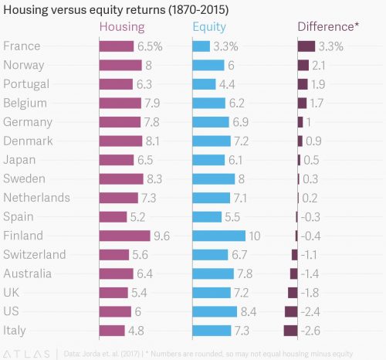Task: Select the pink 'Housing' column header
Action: coord(123,28)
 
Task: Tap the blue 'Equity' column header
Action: coord(208,28)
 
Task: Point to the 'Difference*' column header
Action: coord(328,28)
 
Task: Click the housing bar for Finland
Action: coord(124,236)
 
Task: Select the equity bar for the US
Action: coord(214,311)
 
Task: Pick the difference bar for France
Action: coord(306,46)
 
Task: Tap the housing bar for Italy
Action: coord(112,331)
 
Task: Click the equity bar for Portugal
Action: coord(204,84)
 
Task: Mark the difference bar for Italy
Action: coord(290,331)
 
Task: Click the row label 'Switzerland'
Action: coord(34,255)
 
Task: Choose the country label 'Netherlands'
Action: coord(36,198)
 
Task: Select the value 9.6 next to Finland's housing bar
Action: coord(161,236)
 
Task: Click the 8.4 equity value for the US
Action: coord(248,311)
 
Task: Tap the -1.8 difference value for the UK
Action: coord(312,293)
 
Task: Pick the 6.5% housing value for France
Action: coord(149,46)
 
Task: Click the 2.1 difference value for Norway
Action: coord(318,66)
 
